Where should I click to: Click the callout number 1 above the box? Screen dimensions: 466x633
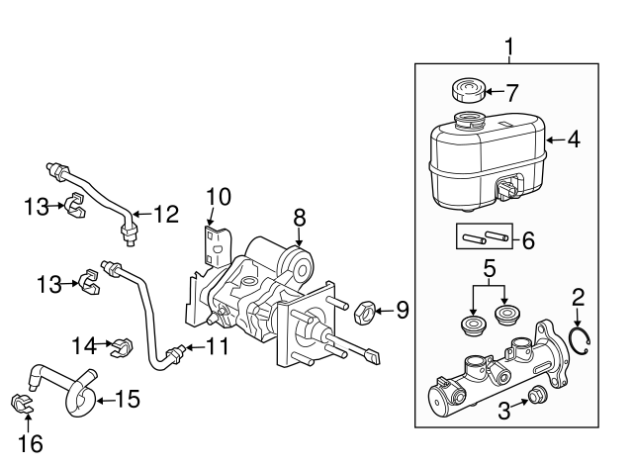509,47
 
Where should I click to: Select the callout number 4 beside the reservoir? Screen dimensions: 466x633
574,140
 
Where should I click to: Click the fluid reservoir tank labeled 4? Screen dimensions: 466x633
485,163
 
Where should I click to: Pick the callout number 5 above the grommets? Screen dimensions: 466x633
488,267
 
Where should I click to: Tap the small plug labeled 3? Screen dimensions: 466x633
536,396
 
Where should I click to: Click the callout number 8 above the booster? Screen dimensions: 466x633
300,217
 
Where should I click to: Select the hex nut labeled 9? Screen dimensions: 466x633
363,313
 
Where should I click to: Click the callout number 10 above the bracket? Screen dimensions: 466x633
218,197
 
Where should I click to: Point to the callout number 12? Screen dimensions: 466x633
166,212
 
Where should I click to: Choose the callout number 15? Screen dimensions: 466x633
127,400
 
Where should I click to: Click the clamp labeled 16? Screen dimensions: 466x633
21,405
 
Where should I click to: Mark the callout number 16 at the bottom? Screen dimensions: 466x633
31,444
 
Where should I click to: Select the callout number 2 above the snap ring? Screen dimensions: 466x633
579,296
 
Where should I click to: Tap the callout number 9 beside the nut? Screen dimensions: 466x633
401,311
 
